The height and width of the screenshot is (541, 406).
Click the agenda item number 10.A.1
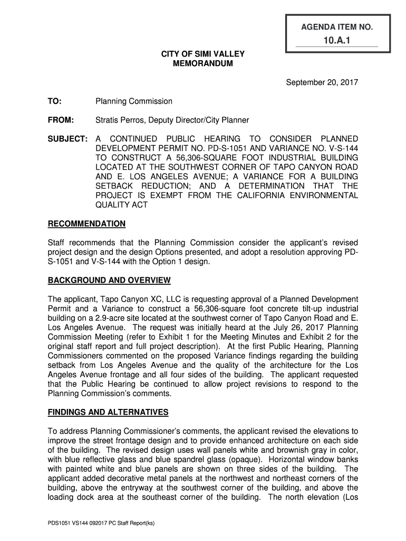point(337,41)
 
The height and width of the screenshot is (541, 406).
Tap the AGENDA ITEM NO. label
point(337,26)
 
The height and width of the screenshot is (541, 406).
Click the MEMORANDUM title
point(203,63)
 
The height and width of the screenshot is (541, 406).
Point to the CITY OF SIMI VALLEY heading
point(203,54)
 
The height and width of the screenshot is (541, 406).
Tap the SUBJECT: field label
point(67,138)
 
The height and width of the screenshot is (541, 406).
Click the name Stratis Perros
point(119,120)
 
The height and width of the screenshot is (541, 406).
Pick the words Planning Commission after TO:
point(134,101)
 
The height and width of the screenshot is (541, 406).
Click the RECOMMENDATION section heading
point(86,224)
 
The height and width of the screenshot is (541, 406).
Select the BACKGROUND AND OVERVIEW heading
point(109,280)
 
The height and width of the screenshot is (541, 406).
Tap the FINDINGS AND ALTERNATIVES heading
point(108,412)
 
